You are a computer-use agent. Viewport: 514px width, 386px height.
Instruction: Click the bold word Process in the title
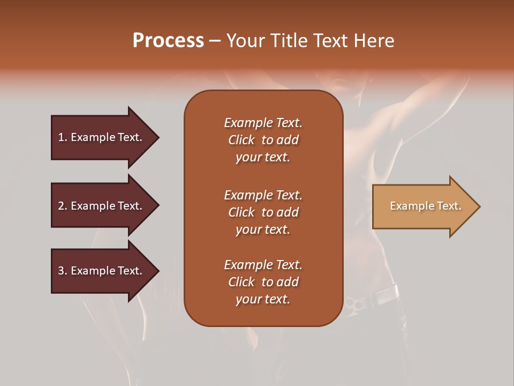tap(168, 41)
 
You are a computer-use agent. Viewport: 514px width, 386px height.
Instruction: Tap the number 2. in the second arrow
tap(63, 206)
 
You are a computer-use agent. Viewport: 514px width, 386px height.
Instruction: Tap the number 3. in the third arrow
tap(63, 271)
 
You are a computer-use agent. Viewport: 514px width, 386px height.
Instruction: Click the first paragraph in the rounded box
tap(263, 140)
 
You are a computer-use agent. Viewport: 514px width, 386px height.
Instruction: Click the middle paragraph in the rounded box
tap(263, 212)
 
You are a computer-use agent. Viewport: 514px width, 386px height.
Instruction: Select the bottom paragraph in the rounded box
tap(263, 282)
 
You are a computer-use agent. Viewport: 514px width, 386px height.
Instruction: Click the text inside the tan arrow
tap(426, 206)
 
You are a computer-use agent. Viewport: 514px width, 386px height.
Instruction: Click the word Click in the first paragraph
tap(241, 140)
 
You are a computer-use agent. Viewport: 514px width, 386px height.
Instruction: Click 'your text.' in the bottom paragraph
tap(263, 299)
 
